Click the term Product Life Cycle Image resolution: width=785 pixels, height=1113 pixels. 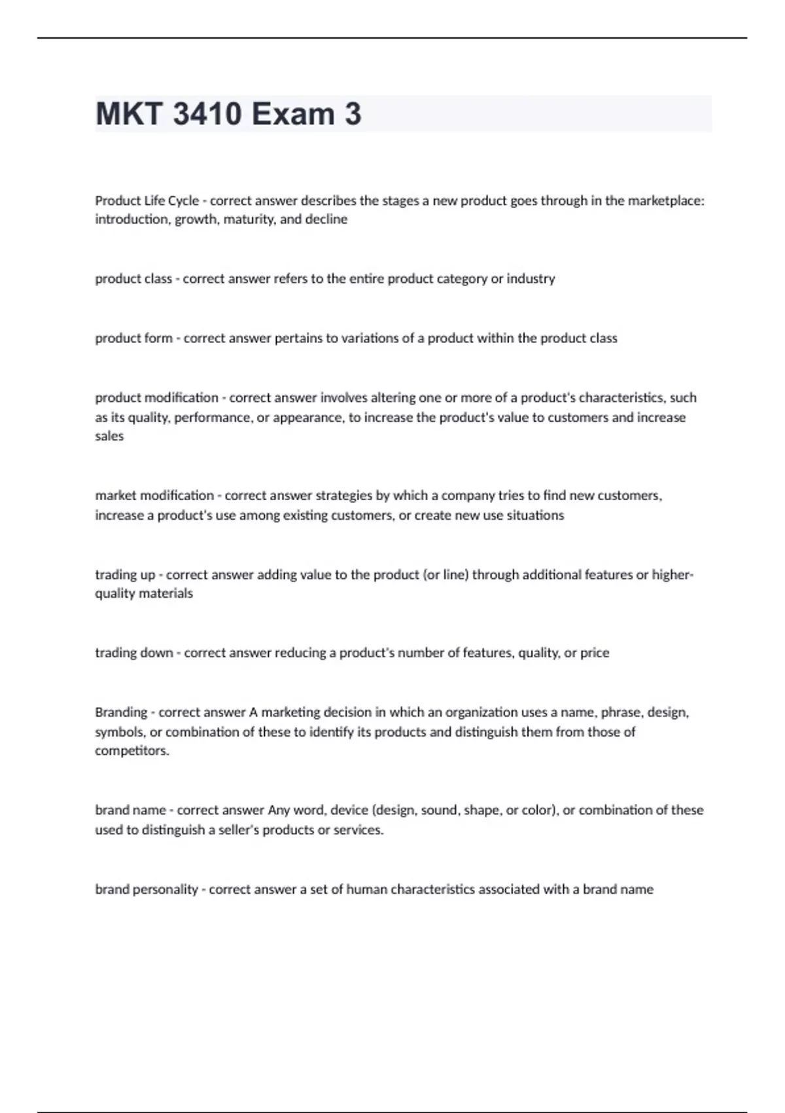147,201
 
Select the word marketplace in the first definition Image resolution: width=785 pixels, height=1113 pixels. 665,201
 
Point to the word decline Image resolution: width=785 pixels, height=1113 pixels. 326,219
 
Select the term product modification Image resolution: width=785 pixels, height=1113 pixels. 157,398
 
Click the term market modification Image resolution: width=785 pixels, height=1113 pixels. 154,496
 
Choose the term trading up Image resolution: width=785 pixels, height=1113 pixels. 125,575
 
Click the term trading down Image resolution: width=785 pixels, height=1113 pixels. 134,653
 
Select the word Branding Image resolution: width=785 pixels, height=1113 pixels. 121,712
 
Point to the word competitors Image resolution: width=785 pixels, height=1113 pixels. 131,751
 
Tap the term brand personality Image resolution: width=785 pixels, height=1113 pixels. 147,890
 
